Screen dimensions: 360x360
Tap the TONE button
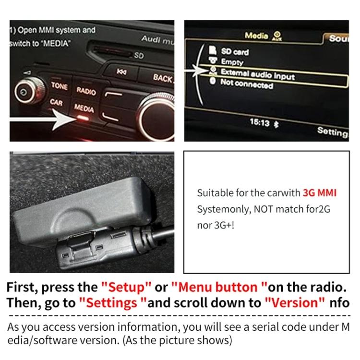59,85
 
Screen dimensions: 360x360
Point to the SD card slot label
139,56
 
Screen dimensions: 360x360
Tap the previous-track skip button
122,72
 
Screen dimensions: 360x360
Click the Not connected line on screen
246,84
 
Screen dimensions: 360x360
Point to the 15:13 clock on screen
259,122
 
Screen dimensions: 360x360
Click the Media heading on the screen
256,36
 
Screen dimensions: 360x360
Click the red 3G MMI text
319,193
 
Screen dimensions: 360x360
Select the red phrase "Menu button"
219,288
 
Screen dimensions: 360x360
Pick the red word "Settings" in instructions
112,303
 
